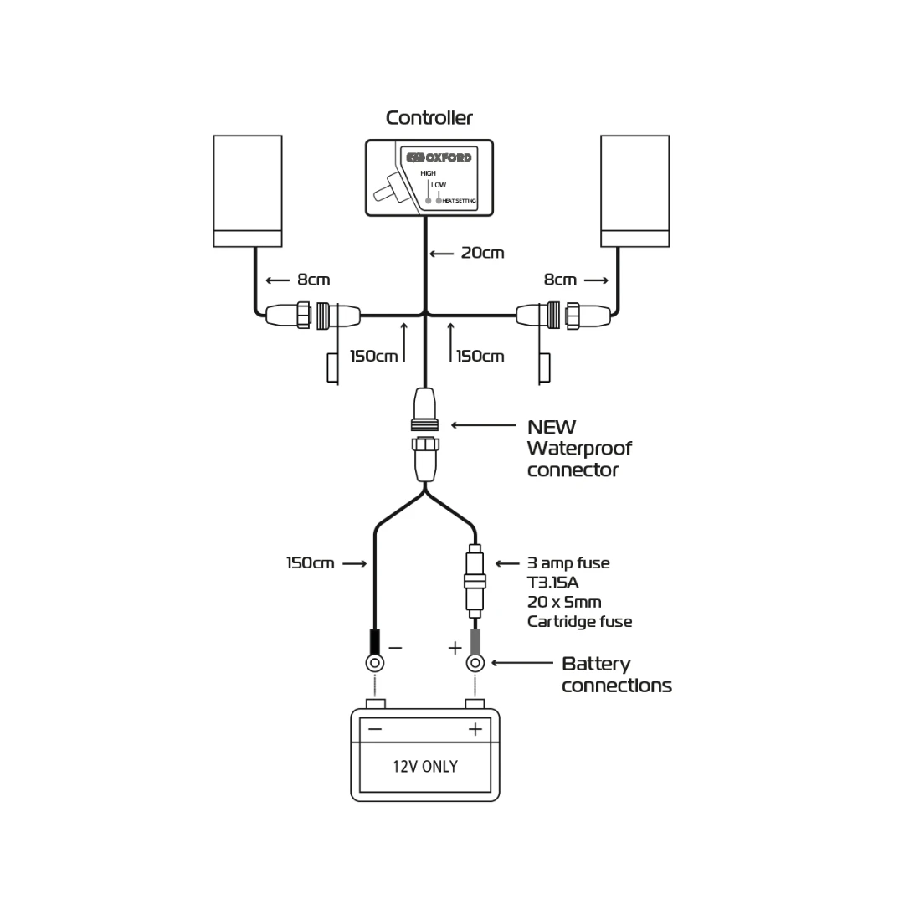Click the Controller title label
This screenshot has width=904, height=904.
(429, 118)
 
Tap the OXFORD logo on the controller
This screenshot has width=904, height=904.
(439, 157)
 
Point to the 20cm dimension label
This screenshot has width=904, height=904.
(482, 253)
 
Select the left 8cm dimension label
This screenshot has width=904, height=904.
(313, 280)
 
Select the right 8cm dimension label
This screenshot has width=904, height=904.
(560, 280)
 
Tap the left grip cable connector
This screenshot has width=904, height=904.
(312, 316)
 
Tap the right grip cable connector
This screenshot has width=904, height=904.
(562, 316)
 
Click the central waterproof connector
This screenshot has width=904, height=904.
(425, 435)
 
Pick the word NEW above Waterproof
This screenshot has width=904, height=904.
(552, 427)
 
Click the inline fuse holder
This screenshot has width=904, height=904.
(475, 581)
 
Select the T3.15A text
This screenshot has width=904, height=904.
(553, 583)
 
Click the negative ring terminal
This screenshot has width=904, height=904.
(376, 663)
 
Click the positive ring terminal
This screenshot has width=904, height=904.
(475, 663)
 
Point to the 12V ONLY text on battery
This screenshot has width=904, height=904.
(425, 766)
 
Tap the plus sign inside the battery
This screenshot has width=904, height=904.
(475, 729)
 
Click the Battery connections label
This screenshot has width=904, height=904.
(616, 675)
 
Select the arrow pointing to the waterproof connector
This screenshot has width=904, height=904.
(484, 425)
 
